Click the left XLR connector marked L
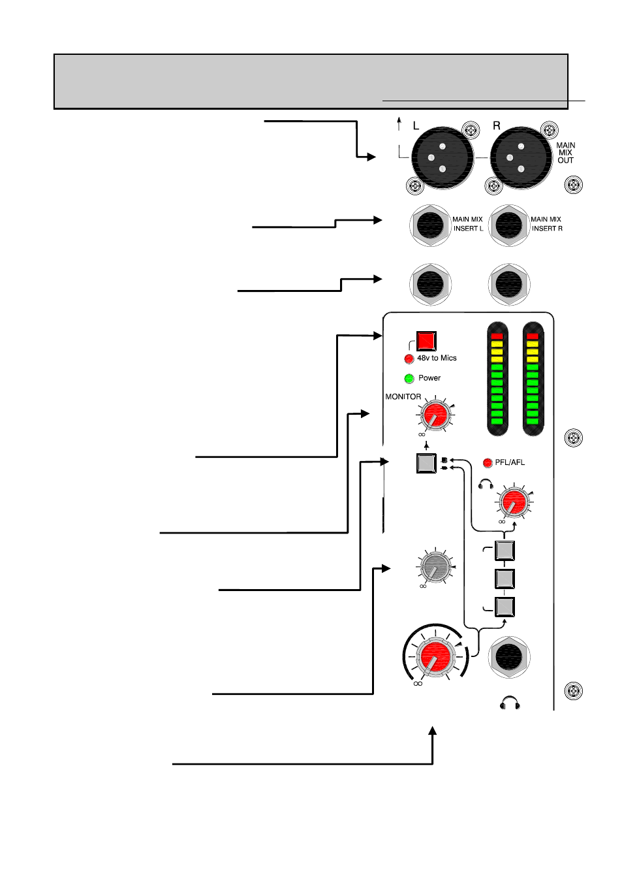coord(443,157)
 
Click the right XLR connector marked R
coord(521,157)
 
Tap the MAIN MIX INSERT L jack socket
coord(430,225)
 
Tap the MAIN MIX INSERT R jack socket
coord(509,225)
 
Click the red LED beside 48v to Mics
coord(409,359)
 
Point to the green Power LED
coord(409,378)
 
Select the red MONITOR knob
coord(435,415)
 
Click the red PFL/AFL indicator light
coord(488,463)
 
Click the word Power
coord(429,378)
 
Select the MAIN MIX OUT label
coord(566,153)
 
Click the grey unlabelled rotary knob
coord(435,567)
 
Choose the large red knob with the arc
coord(436,657)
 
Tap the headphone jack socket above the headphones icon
coord(509,657)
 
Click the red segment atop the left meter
coord(497,336)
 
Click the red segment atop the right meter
coord(533,336)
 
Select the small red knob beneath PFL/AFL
coord(514,502)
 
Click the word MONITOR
coord(403,397)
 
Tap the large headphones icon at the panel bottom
coord(510,703)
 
